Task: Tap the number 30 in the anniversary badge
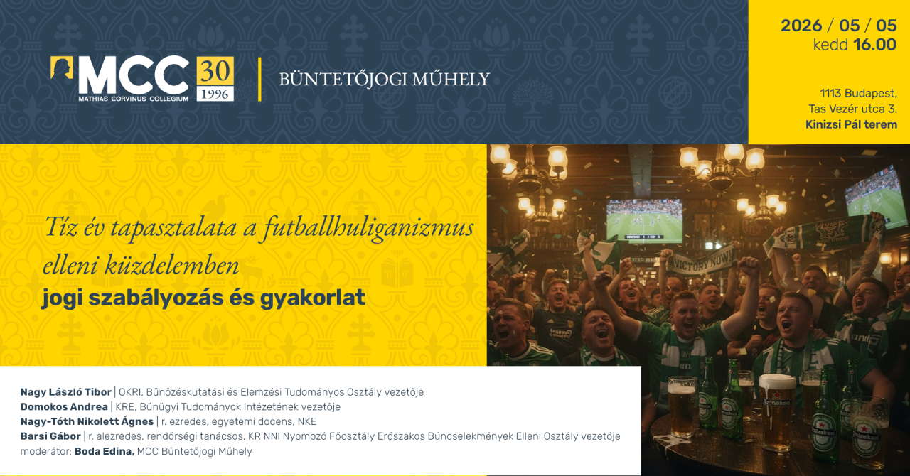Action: (x=215, y=71)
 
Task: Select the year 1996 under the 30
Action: (x=215, y=94)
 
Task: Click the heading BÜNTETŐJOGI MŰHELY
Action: (x=384, y=79)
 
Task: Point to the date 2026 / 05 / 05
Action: (x=838, y=26)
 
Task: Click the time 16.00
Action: (x=874, y=45)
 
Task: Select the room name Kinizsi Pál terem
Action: (x=851, y=124)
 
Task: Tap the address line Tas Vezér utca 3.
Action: (x=852, y=109)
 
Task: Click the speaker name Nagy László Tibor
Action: (x=66, y=392)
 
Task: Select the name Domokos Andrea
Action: (x=64, y=407)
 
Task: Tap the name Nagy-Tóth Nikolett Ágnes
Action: (x=87, y=421)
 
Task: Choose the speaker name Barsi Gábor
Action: (x=50, y=436)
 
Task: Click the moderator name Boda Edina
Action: (x=104, y=451)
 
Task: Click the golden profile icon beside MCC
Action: (x=62, y=69)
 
